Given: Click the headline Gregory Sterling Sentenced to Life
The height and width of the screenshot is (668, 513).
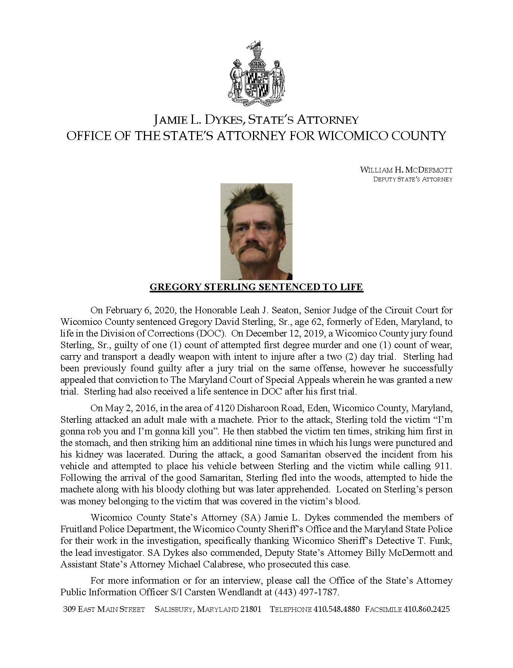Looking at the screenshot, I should (x=256, y=287).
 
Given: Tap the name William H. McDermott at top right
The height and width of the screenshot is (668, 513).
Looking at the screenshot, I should (x=406, y=170).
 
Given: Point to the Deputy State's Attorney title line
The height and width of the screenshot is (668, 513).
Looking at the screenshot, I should (x=412, y=179).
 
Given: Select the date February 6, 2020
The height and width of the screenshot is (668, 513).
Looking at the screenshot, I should (x=139, y=310).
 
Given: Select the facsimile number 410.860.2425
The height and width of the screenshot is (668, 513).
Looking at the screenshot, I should (x=426, y=609).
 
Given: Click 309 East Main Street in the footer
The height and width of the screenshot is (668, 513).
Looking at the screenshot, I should (x=104, y=609).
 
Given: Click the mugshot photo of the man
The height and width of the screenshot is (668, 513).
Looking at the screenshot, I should (x=256, y=231).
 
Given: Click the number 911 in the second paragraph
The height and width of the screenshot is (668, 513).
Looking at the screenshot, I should (x=445, y=466).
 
